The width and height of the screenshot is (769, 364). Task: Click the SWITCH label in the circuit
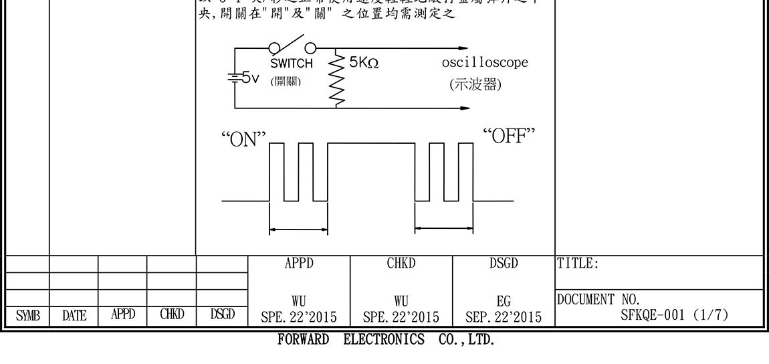[x=291, y=64]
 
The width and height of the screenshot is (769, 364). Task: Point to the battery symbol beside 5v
[x=235, y=77]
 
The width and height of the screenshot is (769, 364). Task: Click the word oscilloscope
[x=485, y=63]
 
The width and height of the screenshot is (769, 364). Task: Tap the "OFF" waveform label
[x=510, y=136]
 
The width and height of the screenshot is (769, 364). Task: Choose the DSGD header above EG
[x=504, y=264]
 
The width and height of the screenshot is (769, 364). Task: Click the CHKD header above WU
[x=401, y=264]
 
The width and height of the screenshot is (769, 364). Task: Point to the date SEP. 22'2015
[x=504, y=315]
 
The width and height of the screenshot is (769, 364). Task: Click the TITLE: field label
[x=577, y=264]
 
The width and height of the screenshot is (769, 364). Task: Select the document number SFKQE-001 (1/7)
[x=674, y=314]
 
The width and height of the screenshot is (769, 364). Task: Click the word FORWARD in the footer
[x=303, y=339]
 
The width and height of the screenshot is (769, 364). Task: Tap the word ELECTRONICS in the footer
[x=384, y=339]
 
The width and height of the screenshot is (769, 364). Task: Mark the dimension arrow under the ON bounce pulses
[x=298, y=231]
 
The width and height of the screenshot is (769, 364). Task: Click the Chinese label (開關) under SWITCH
[x=286, y=81]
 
